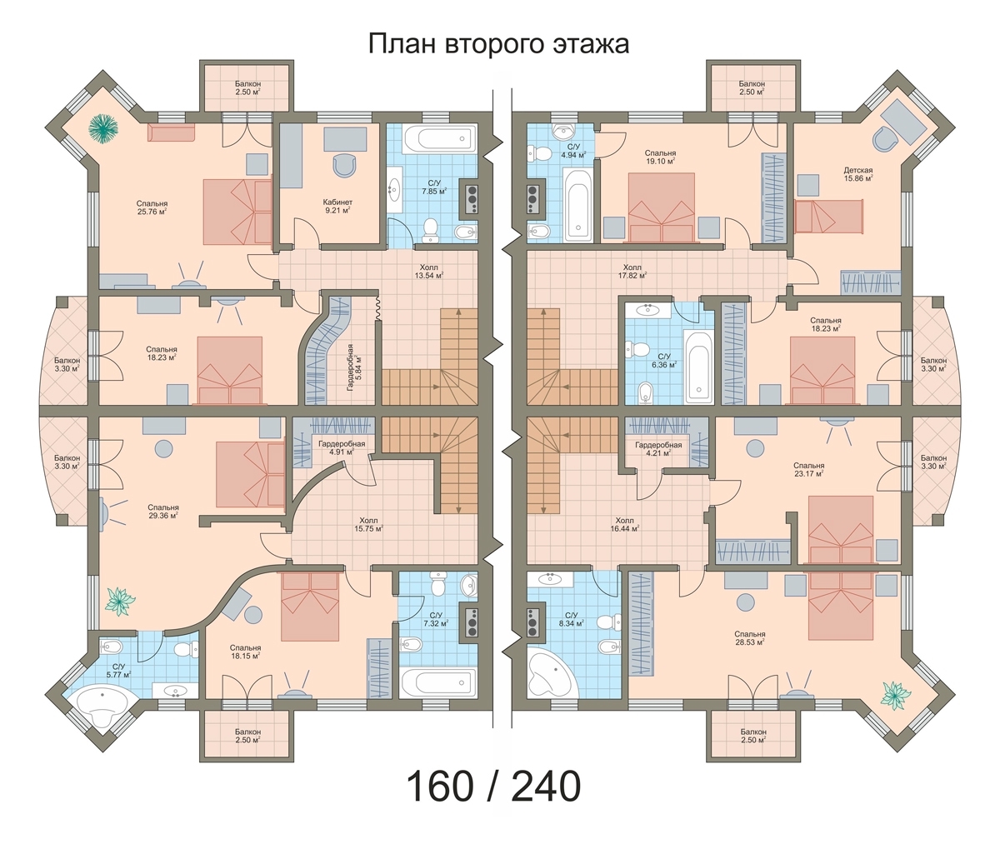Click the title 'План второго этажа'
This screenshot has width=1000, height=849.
coord(498,44)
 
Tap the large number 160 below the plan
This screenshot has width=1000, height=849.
coord(440,787)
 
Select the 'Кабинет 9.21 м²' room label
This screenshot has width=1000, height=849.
coord(337,206)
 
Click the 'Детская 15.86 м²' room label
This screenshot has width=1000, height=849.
coord(857,174)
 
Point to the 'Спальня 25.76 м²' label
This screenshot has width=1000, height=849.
coord(152,207)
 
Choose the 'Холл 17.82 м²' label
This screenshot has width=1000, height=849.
coord(632,272)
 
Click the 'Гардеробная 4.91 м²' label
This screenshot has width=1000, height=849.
coord(342,448)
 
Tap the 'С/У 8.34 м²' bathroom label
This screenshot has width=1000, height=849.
coord(572,619)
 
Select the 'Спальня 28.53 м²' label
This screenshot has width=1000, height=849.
coord(749,638)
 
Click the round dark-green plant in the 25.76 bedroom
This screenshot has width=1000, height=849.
coord(103,128)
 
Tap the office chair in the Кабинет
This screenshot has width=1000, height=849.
coord(344,166)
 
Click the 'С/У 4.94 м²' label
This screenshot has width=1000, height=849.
coord(573,151)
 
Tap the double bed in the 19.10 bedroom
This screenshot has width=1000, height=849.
coord(662,207)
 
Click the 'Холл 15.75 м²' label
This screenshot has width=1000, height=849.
coord(368,524)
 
